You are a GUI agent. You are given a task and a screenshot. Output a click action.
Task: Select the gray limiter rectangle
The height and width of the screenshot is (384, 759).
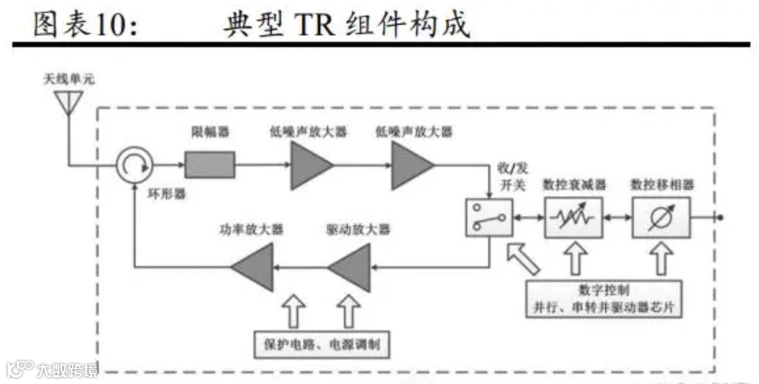click(209, 166)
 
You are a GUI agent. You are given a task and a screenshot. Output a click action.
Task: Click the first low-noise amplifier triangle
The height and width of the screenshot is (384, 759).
click(309, 166)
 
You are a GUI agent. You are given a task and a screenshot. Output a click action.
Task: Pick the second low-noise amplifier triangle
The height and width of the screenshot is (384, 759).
click(410, 166)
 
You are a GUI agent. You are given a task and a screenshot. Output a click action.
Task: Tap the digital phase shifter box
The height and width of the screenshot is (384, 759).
click(661, 217)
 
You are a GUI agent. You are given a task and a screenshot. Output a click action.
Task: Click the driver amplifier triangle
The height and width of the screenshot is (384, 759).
click(351, 267)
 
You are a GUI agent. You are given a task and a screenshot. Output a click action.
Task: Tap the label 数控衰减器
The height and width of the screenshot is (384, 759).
click(575, 185)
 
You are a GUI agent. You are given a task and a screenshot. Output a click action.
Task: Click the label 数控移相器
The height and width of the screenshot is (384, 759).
click(662, 185)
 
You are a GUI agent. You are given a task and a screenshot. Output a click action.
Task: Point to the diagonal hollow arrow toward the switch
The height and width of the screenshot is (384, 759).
click(522, 257)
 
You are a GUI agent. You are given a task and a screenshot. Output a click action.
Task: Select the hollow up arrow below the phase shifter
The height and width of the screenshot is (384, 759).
click(661, 258)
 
